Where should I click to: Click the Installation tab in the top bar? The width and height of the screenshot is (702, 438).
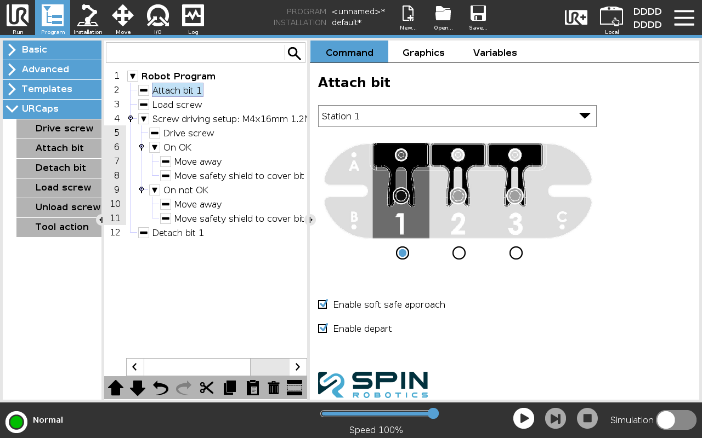[88, 18]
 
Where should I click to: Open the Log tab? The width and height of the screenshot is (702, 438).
[193, 18]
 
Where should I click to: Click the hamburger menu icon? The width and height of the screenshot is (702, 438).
[684, 18]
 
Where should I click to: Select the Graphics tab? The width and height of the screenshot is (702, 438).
[423, 53]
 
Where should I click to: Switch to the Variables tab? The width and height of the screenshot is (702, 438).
[495, 53]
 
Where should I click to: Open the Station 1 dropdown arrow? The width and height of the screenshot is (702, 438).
[585, 116]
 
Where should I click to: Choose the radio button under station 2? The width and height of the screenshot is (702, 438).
[459, 253]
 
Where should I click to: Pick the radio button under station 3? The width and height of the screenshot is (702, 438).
[516, 253]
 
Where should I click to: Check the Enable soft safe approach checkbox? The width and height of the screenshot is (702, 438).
[323, 304]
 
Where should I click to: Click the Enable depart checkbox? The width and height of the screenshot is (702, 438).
[323, 328]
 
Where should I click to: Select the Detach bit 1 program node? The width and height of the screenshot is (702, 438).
[178, 233]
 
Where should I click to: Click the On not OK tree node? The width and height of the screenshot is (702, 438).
[186, 190]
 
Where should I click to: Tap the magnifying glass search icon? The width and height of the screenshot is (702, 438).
[295, 53]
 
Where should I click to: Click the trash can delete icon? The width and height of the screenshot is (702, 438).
[274, 388]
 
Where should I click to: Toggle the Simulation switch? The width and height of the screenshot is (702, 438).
[676, 419]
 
